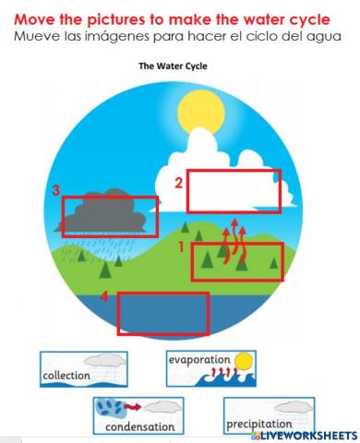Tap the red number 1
coord(182,247)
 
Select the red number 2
coord(179,183)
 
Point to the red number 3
coord(56,191)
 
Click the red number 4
coord(104,296)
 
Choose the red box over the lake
coord(163,314)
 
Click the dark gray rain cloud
coord(106,212)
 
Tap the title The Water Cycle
coord(173,66)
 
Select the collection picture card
coord(84,368)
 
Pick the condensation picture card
coord(138,415)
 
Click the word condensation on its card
coord(138,426)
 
